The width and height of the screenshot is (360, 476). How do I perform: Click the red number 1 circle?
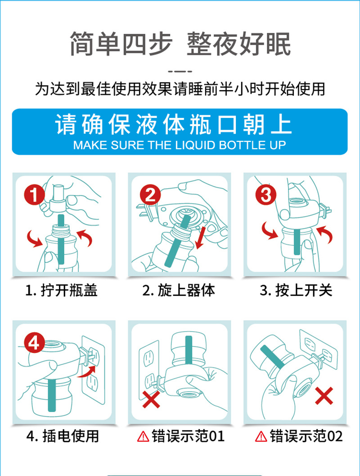pyautogui.click(x=34, y=195)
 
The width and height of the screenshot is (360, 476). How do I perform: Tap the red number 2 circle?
pyautogui.click(x=150, y=195)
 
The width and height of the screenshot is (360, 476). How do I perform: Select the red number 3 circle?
pyautogui.click(x=266, y=195)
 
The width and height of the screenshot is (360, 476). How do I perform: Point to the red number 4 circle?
pyautogui.click(x=34, y=343)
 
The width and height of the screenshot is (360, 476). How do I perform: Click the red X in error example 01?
pyautogui.click(x=151, y=399)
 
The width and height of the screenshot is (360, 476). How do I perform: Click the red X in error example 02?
pyautogui.click(x=324, y=395)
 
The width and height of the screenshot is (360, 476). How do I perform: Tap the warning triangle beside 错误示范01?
pyautogui.click(x=143, y=436)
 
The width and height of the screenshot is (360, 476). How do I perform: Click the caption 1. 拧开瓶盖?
pyautogui.click(x=61, y=290)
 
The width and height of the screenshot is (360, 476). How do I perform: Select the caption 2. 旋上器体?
pyautogui.click(x=179, y=290)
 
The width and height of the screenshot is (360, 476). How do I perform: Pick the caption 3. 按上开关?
pyautogui.click(x=296, y=290)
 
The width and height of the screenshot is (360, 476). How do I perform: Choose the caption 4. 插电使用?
pyautogui.click(x=63, y=436)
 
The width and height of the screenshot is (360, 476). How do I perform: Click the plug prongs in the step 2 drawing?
pyautogui.click(x=143, y=211)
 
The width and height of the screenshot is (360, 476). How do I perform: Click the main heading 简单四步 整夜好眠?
pyautogui.click(x=180, y=44)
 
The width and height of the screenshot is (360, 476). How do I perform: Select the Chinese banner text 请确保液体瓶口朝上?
pyautogui.click(x=173, y=124)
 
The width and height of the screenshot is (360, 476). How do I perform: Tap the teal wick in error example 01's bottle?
pyautogui.click(x=189, y=350)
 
